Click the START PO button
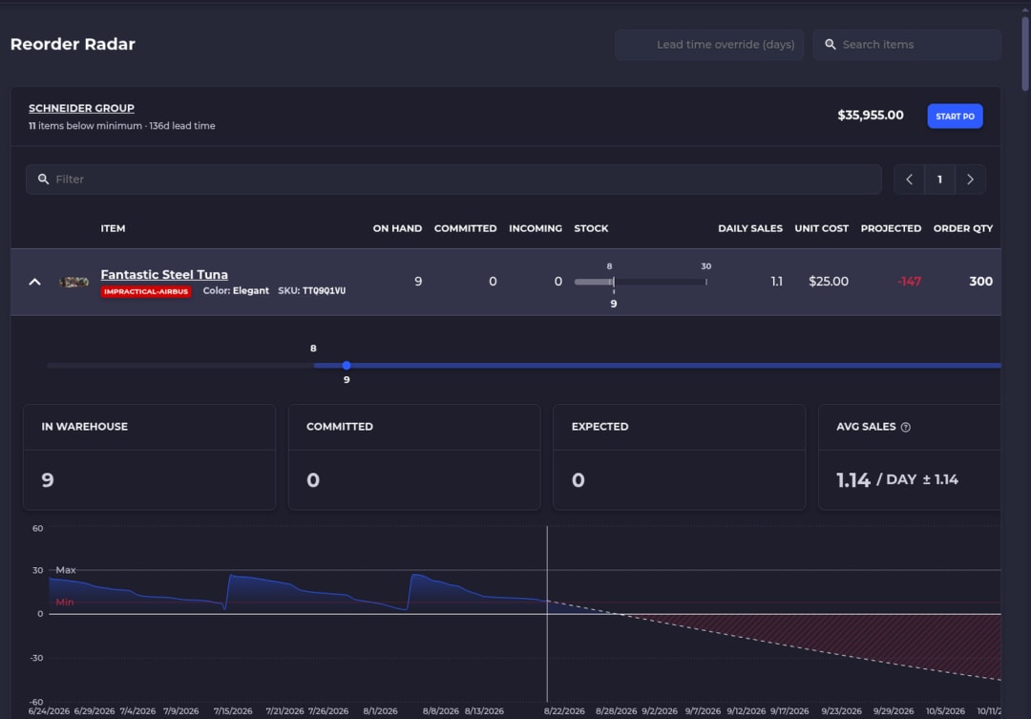click(x=955, y=116)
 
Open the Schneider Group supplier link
click(x=81, y=108)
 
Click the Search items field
click(x=907, y=45)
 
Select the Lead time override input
click(x=708, y=45)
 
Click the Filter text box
click(x=453, y=179)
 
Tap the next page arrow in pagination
click(x=970, y=180)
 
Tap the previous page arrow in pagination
click(x=910, y=180)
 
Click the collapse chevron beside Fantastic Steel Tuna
click(x=35, y=282)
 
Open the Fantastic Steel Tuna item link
click(x=164, y=274)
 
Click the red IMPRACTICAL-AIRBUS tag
click(x=146, y=291)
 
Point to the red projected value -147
click(x=910, y=282)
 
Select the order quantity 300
click(x=980, y=282)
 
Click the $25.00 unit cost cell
click(x=829, y=282)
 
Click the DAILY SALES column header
click(x=750, y=228)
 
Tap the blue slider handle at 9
click(x=347, y=365)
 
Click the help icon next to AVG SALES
click(x=905, y=427)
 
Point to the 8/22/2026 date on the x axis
click(x=564, y=711)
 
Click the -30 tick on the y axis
click(x=37, y=658)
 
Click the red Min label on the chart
click(x=65, y=602)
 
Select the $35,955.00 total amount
click(x=871, y=116)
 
